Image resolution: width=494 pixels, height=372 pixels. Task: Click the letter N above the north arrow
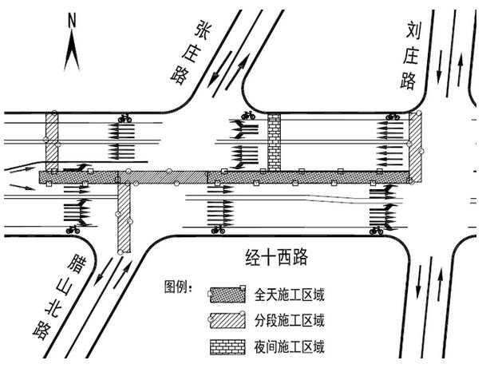pos(72,21)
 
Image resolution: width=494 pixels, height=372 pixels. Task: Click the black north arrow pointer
pos(72,50)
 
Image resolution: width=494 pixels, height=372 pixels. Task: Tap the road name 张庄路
pos(189,53)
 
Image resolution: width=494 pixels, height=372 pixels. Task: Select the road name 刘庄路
pos(410,56)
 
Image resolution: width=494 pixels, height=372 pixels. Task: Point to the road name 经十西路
pos(276,258)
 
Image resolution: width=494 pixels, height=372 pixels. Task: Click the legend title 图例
pos(178,287)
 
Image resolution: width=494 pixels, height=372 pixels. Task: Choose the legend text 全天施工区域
pos(289,295)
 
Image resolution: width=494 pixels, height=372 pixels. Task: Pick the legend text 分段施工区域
pos(289,321)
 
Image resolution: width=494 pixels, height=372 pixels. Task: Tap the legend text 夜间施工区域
pos(289,347)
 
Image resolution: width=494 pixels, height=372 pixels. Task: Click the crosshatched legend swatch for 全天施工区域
pos(227,295)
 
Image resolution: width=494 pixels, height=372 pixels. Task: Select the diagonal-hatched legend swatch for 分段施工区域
pos(227,321)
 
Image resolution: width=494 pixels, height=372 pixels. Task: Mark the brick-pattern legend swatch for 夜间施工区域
pos(227,347)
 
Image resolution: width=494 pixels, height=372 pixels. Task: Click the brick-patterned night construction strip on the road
pos(274,142)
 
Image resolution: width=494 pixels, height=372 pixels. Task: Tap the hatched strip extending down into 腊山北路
pos(124,218)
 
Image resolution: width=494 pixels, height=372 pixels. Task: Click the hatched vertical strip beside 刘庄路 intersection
pos(415,147)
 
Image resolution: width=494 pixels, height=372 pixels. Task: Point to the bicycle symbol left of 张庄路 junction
pos(124,118)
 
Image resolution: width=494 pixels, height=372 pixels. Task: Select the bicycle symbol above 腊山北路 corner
pos(73,230)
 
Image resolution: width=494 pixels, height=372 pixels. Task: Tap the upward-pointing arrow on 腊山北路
pos(123,275)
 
